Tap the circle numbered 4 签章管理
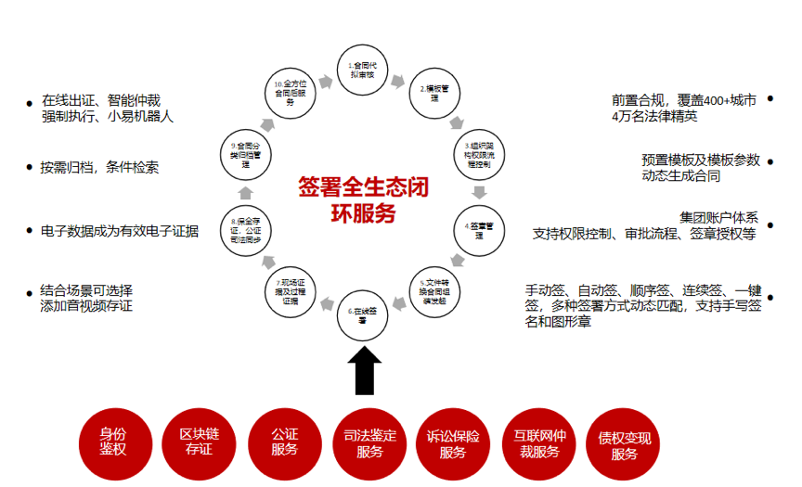coord(479,229)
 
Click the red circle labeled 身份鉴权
coord(113,441)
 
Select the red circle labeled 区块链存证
coord(199,441)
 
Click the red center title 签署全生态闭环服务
coord(363,200)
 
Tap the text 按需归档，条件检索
coord(99,168)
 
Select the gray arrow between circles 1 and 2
coord(398,81)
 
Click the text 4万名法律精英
coord(654,117)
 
